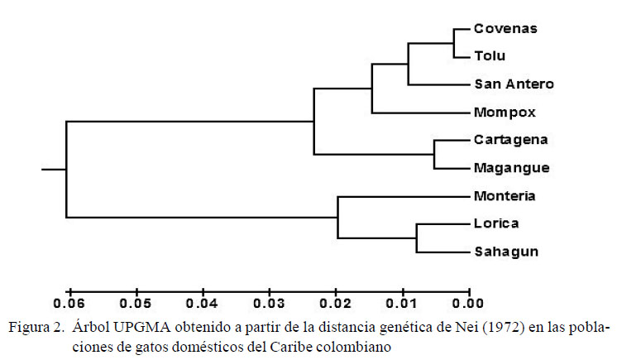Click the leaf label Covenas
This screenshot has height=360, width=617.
pyautogui.click(x=505, y=28)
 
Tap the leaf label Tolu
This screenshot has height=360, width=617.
pyautogui.click(x=490, y=56)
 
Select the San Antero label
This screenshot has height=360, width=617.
pyautogui.click(x=514, y=84)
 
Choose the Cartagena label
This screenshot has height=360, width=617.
pyautogui.click(x=511, y=140)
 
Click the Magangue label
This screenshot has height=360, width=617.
pyautogui.click(x=512, y=168)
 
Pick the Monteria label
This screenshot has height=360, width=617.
pyautogui.click(x=505, y=196)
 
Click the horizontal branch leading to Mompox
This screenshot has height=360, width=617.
pyautogui.click(x=419, y=113)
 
